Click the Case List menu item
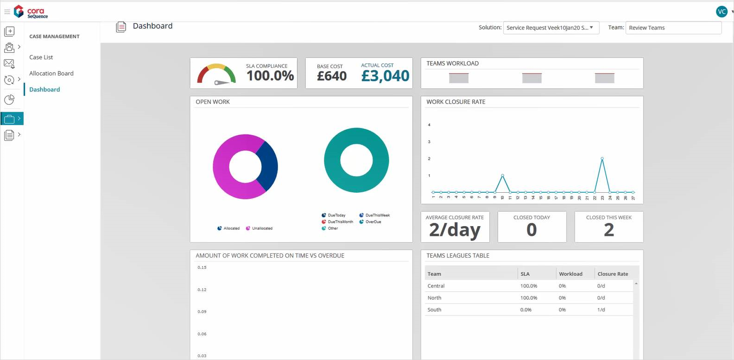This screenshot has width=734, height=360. pos(41,57)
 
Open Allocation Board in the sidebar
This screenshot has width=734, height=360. pos(51,74)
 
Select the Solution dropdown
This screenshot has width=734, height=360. pos(551,28)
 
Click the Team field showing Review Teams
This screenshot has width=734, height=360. pos(673,28)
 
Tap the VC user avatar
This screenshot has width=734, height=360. pos(721,12)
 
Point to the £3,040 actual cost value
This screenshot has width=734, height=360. pos(385,76)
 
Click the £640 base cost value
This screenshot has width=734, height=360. pos(332,76)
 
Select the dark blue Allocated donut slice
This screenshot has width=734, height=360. pos(268,166)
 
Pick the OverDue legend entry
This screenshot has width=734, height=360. pos(373,222)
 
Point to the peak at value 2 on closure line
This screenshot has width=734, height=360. pos(602,158)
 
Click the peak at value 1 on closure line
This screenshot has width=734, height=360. pos(502,175)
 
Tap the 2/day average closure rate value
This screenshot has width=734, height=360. pos(455,230)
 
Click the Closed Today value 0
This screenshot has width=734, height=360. pos(532,230)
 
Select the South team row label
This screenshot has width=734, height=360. pos(434,310)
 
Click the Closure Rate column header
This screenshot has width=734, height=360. pos(613,274)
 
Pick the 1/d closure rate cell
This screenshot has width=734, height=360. pos(601,310)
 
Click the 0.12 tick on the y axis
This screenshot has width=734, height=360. pos(202,290)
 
